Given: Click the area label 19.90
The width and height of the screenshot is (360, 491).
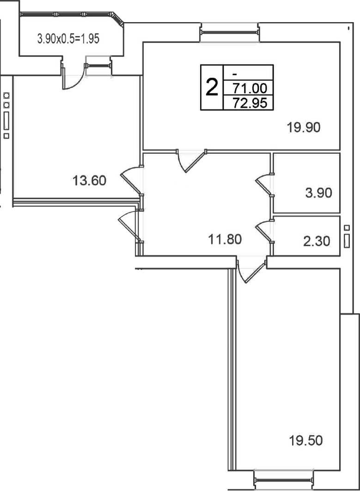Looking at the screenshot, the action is pos(304,127).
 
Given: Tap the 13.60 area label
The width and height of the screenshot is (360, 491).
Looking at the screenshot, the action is pos(89,181).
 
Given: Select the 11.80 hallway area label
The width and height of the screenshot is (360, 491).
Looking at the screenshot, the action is pos(225,240).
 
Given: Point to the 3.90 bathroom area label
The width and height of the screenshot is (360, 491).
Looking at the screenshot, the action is pos(319,193).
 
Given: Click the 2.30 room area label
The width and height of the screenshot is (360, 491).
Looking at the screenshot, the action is pos(317,241).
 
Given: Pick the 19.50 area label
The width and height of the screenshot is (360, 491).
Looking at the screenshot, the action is pos(305,441).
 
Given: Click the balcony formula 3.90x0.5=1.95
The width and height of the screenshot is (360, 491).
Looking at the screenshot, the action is pos(68,39).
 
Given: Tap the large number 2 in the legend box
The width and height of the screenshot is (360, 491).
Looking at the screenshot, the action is pos(212,87).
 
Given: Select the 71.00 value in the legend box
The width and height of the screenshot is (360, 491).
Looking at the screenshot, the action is pos(250,88).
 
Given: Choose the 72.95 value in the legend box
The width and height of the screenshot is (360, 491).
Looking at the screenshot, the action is pos(250,103).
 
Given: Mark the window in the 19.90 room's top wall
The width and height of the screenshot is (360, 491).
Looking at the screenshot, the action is pos(230,32).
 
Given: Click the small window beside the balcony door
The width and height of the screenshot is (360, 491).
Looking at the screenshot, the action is pos(98,66).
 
